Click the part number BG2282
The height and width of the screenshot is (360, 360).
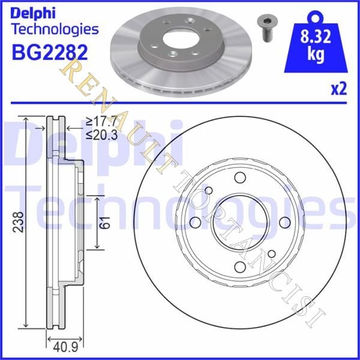tap(50, 52)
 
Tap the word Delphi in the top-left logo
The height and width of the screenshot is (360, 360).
tap(33, 13)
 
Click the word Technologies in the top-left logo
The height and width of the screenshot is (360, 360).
tap(55, 29)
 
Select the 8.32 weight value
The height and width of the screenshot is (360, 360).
tap(316, 36)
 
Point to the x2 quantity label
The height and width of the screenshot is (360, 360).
tap(338, 89)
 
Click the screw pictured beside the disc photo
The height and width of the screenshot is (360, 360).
tap(267, 29)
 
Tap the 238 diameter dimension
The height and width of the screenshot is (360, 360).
tap(18, 222)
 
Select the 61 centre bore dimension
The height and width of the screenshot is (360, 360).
tap(104, 222)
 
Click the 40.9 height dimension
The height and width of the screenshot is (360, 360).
tap(65, 347)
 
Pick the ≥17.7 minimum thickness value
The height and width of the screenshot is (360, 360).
tap(102, 121)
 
